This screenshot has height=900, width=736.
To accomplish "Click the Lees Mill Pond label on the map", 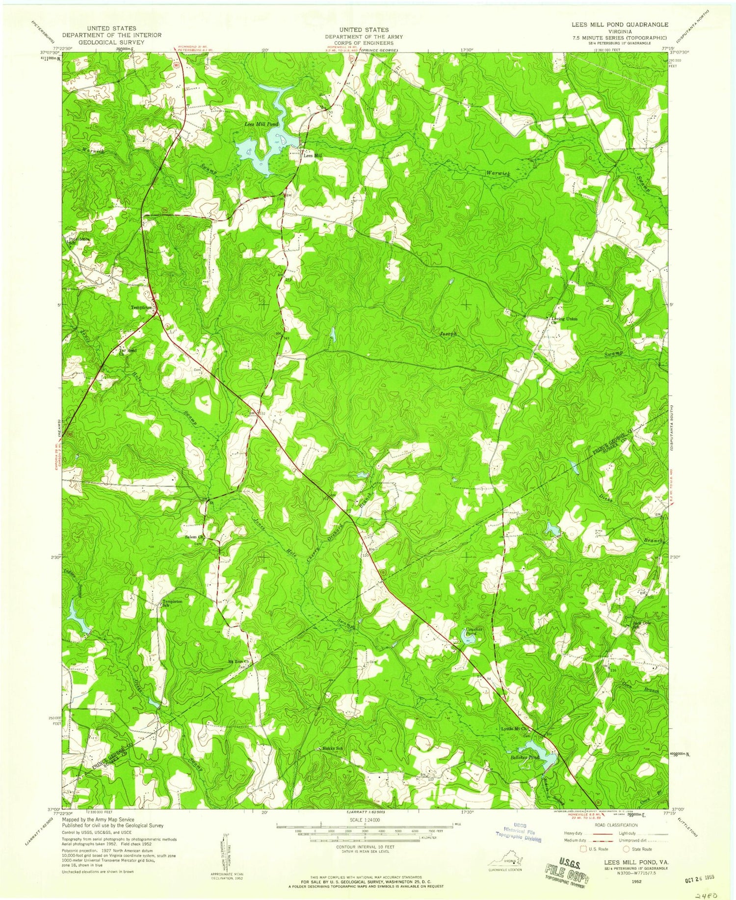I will point(262,125).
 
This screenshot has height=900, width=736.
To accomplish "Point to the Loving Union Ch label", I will point(564,320).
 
